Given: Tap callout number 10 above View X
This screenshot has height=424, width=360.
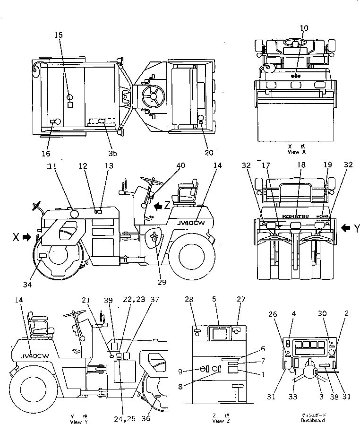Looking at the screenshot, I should [304, 28].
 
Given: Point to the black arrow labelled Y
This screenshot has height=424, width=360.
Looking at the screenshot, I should [346, 228].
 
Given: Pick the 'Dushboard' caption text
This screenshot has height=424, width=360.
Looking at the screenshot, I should [313, 420].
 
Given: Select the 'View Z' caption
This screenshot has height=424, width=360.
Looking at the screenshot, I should [218, 420].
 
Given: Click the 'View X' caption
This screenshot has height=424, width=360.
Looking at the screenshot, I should [297, 153].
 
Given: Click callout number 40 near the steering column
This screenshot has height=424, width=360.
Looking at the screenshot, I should [181, 165].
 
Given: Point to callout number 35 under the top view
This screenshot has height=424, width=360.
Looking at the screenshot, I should [112, 153].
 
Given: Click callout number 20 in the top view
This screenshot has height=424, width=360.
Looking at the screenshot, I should [209, 152].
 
